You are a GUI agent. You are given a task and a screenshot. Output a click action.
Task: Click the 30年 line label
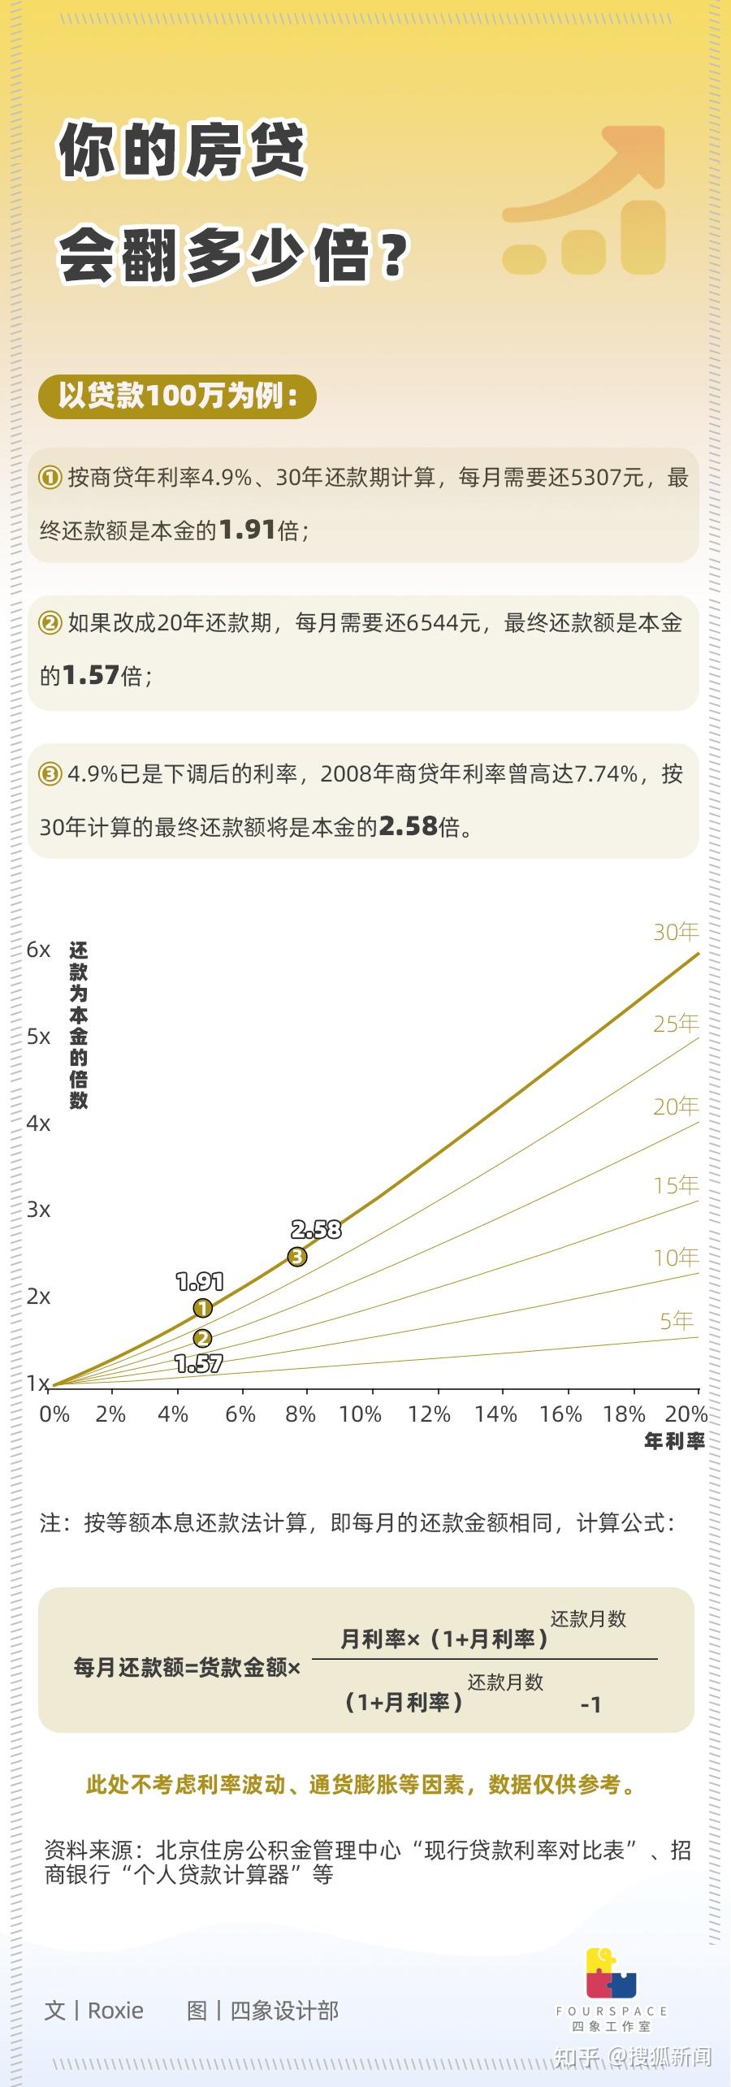coord(676,932)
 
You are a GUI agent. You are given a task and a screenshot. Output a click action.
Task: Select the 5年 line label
coord(676,1321)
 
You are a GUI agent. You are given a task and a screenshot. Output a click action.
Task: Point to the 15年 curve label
coord(676,1185)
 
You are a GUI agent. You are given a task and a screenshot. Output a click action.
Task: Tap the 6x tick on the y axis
coord(38,950)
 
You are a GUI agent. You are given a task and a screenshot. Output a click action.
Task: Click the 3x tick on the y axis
coord(38,1210)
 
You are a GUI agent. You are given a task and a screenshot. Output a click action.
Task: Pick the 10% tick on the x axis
coord(360,1414)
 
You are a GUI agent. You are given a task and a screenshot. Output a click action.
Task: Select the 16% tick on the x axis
coord(560,1414)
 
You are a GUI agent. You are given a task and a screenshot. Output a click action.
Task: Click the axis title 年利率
coord(674,1442)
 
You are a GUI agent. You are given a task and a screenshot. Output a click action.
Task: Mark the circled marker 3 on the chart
coord(297,1257)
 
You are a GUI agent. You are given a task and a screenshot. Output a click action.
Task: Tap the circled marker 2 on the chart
coord(202,1338)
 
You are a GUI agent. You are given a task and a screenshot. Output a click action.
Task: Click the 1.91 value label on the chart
coord(200,1282)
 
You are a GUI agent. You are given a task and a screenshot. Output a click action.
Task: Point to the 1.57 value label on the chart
coord(199,1364)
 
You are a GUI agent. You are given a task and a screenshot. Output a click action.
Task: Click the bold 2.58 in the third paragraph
coord(409,826)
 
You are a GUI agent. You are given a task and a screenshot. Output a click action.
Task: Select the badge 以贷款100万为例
coord(177,396)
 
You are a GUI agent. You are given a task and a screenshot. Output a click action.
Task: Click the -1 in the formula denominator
coord(590,1704)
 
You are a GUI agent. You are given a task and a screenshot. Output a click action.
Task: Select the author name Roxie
coord(115,2011)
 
